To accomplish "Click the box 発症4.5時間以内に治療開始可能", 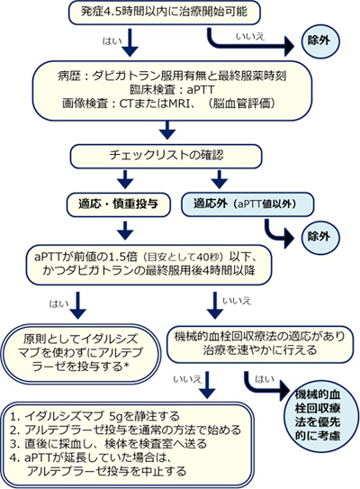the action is [165, 13].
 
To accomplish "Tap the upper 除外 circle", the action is [319, 41].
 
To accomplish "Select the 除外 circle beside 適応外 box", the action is [319, 237].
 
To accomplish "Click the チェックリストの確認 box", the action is [166, 156].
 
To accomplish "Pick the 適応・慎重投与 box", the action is [119, 204].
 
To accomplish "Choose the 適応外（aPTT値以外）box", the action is [247, 204].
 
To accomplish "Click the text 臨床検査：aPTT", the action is [173, 90].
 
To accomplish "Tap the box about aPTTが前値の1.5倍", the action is [148, 265].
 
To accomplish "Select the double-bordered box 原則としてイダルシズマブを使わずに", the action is [81, 353].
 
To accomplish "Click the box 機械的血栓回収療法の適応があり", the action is [260, 344].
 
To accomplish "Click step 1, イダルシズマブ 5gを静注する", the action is [94, 416].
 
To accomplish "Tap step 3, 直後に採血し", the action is [108, 443].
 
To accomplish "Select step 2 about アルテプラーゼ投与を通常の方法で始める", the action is [125, 430].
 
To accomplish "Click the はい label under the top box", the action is [112, 41].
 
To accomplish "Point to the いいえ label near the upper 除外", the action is [250, 37].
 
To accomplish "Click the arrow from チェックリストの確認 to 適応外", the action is [220, 179].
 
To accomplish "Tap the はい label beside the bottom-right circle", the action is [265, 379].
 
